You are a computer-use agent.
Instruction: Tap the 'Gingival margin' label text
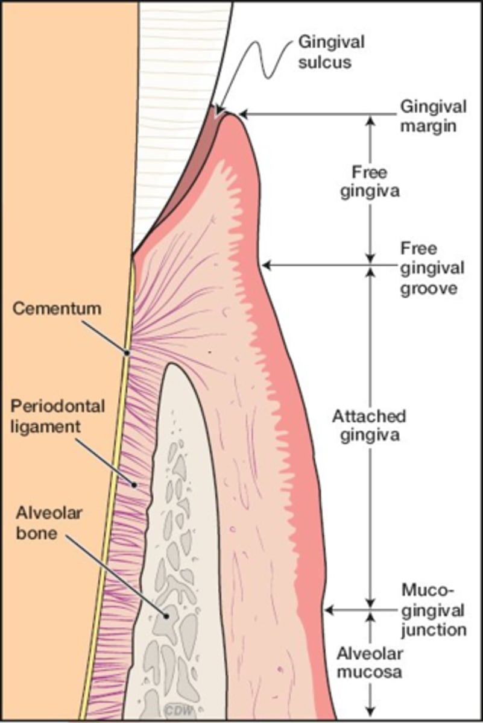click(x=433, y=117)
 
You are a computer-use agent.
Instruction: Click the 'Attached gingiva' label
click(x=369, y=425)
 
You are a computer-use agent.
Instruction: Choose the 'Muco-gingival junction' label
click(x=434, y=609)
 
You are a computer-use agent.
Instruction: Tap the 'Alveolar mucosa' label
click(x=369, y=663)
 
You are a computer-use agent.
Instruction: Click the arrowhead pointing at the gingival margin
click(x=244, y=114)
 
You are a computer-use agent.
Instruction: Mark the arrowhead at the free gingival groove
click(x=266, y=265)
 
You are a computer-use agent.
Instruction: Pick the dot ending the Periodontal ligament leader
click(x=134, y=484)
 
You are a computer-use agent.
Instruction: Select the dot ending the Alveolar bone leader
click(x=167, y=615)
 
